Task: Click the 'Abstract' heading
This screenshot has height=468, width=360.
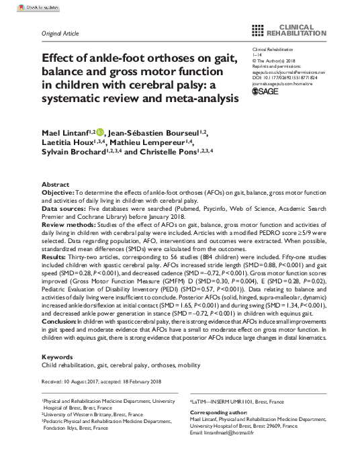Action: (x=55, y=184)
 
